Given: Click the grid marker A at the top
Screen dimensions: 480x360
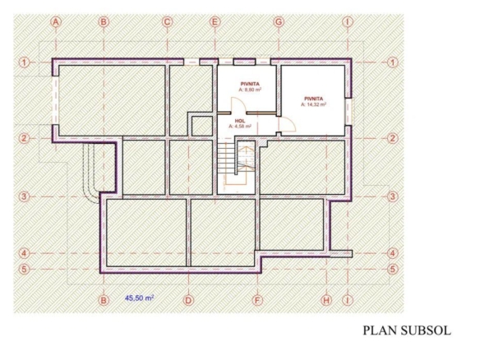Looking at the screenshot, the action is [56, 22].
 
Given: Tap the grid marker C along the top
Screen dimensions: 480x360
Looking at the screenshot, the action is [167, 22].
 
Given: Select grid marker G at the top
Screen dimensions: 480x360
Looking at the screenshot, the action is [279, 22].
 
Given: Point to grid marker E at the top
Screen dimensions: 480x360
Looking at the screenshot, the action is [215, 22].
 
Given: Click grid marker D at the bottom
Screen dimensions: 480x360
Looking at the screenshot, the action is [188, 300].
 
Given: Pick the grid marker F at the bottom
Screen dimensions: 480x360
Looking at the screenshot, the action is [257, 300].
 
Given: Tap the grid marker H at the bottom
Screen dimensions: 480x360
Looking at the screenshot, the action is [326, 300].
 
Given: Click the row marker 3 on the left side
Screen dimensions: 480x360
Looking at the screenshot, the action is [24, 196].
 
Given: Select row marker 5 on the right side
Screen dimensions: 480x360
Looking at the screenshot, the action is [393, 270].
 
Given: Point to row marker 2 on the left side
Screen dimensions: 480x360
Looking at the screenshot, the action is [24, 138].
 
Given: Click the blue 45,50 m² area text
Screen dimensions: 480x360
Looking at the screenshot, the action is [139, 298].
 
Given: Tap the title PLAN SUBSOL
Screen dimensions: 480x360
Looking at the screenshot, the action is [407, 330].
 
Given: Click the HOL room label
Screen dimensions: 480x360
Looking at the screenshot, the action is [240, 121].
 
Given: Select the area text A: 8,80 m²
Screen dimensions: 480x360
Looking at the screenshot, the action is [250, 90].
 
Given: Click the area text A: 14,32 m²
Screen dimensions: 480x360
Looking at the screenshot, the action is [313, 104].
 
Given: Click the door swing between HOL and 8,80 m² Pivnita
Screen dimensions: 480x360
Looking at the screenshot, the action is [238, 105].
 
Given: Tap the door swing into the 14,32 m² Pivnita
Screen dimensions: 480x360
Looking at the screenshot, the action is [287, 124].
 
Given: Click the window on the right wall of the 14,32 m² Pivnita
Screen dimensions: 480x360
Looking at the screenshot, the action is [348, 112].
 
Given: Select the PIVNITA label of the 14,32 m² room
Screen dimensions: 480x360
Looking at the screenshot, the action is [313, 99].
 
